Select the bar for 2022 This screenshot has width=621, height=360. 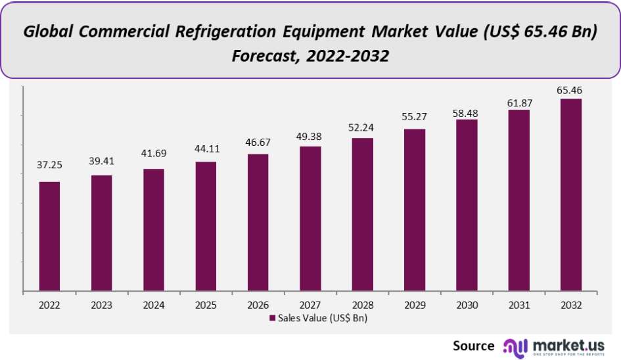(x=49, y=236)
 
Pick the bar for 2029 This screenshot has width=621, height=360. (x=415, y=210)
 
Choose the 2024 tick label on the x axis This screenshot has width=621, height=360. (x=154, y=305)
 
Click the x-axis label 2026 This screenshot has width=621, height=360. (x=258, y=305)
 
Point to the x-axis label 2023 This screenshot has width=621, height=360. (x=101, y=305)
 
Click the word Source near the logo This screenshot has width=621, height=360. (x=473, y=345)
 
